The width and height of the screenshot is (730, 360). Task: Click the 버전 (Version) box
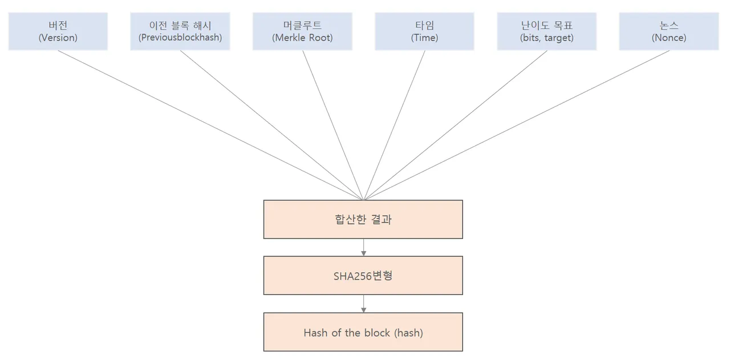[x=58, y=31]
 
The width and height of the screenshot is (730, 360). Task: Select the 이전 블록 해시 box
[x=180, y=31]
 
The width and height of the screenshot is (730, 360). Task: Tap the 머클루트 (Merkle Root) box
[x=302, y=31]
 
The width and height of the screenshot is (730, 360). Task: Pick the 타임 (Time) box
[x=424, y=31]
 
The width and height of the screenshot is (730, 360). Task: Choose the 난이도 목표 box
[x=546, y=31]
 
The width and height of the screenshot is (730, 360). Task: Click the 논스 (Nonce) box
[x=669, y=31]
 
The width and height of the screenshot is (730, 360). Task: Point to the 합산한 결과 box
[x=363, y=219]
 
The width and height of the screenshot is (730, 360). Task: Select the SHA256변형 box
[x=363, y=276]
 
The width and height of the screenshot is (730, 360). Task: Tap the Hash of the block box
[x=363, y=332]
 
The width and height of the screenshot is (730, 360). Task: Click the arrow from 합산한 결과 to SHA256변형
[x=363, y=247]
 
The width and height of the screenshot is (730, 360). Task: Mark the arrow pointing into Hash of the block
[x=363, y=304]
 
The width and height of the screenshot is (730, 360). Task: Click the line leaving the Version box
[x=210, y=126]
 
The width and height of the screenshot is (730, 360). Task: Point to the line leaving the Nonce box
[x=516, y=126]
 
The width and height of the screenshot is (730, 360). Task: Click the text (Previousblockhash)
[x=180, y=38]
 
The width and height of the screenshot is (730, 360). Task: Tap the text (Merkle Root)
[x=302, y=38]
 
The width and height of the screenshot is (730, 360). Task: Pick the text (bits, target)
[x=546, y=38]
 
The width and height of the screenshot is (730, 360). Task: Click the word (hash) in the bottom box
[x=408, y=333]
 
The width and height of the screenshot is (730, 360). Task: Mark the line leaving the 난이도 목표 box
[x=455, y=126]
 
